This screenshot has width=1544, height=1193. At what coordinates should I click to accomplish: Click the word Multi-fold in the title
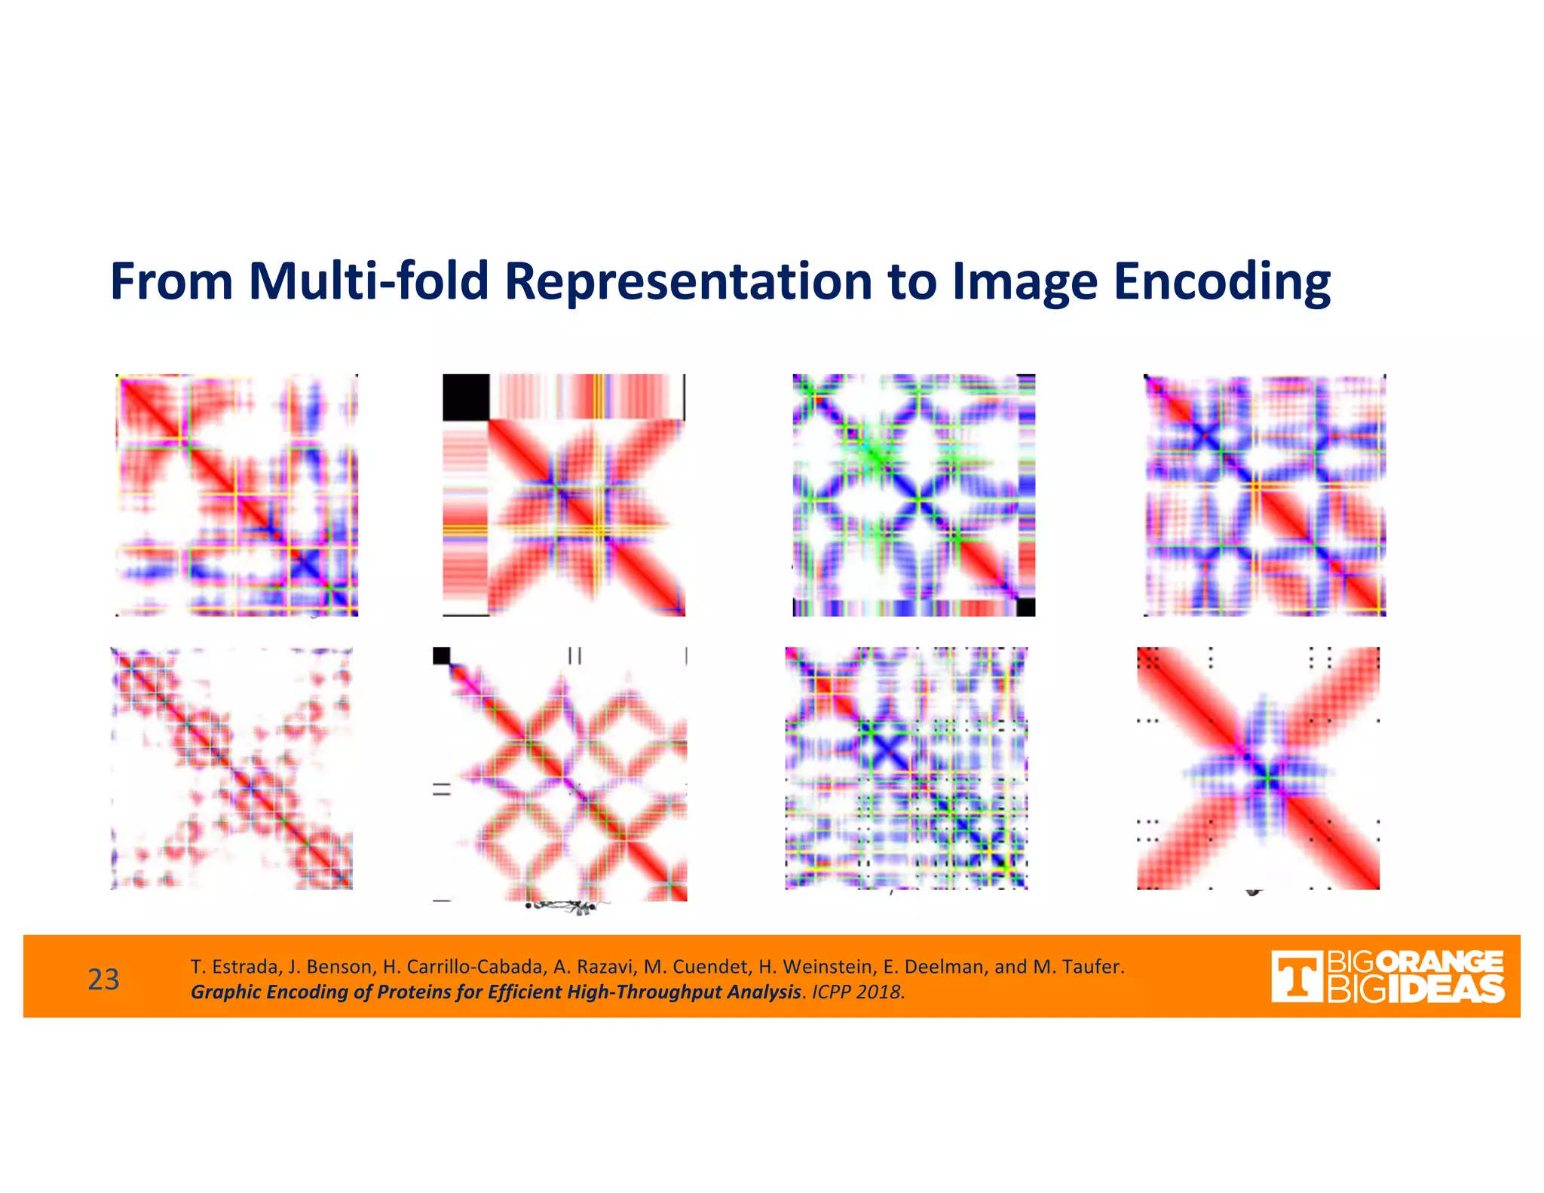click(369, 281)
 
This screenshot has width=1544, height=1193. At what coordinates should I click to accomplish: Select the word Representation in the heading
click(689, 282)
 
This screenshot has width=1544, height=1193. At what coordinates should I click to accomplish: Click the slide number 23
click(103, 980)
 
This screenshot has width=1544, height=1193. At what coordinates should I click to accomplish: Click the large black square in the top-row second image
click(466, 397)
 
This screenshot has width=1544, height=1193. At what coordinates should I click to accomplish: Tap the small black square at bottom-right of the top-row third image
click(1026, 607)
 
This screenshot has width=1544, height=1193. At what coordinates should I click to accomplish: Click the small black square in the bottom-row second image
click(442, 655)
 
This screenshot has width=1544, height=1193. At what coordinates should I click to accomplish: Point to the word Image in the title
click(1025, 282)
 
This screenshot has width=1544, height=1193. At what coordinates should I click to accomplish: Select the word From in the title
click(172, 281)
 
